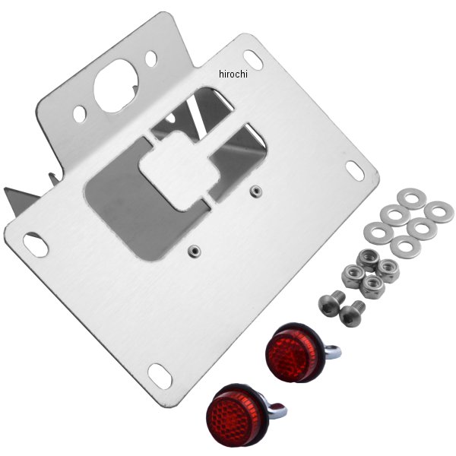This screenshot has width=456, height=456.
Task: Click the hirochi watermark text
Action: point(233,74)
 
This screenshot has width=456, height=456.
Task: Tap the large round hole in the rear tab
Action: point(116,86)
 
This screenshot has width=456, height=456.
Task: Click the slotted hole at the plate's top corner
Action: point(253,60)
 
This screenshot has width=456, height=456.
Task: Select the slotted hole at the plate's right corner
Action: point(355,171)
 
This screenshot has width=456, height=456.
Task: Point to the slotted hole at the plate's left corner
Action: point(36,245)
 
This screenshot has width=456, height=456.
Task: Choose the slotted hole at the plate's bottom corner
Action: point(160,376)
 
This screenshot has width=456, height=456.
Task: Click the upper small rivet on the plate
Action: point(255,191)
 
